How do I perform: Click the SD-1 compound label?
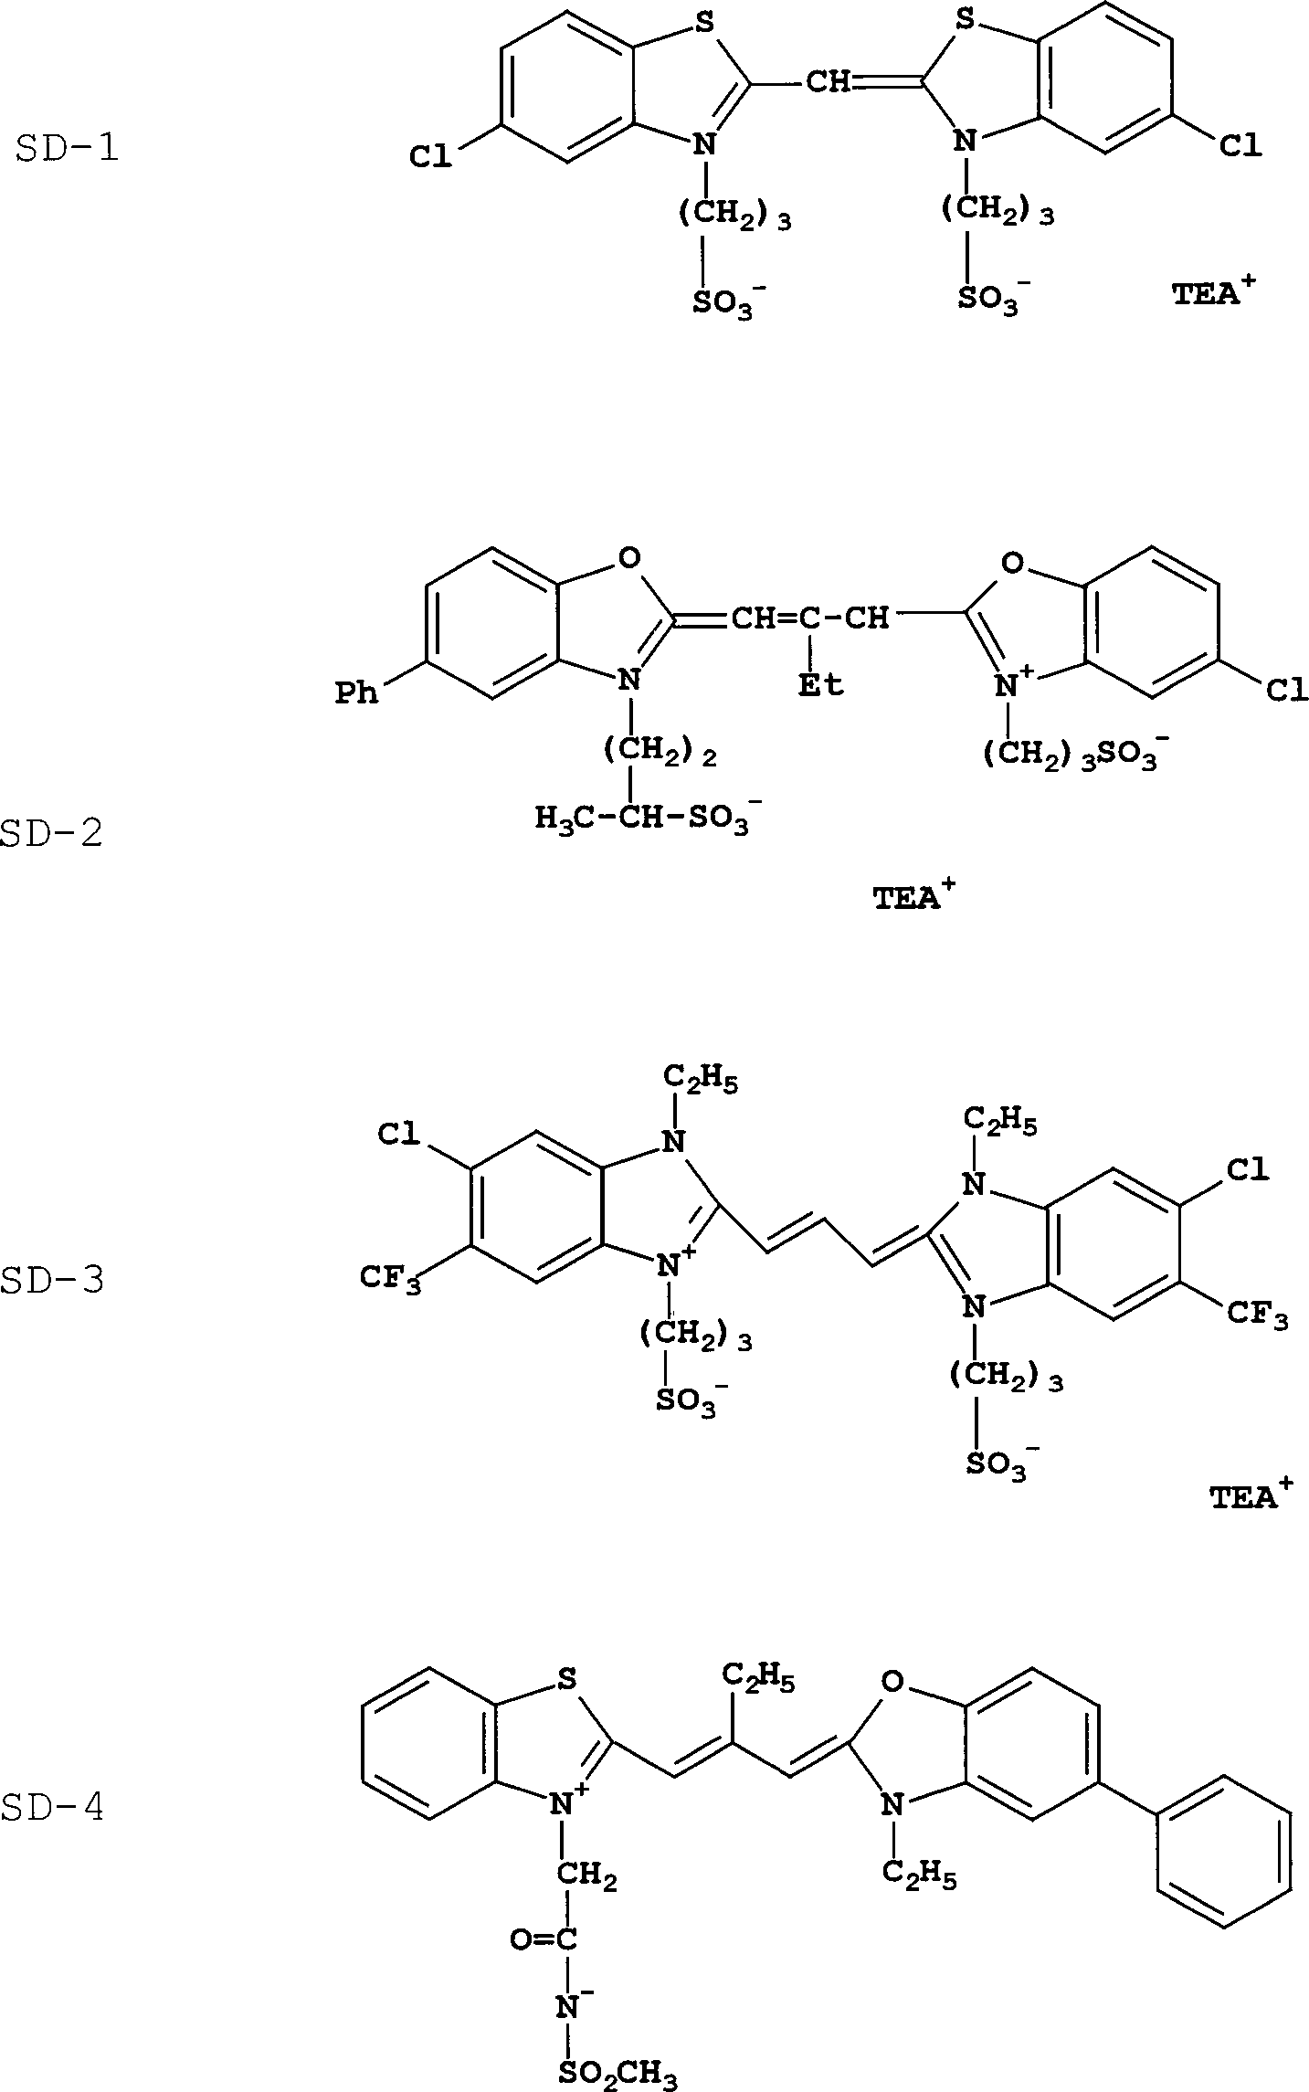pos(68,148)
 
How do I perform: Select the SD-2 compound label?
pos(52,833)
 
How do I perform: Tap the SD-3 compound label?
pos(52,1280)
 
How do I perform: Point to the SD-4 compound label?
pos(52,1807)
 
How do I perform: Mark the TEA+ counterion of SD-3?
pos(1251,1495)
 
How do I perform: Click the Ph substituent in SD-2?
pos(356,693)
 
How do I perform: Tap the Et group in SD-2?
pos(821,685)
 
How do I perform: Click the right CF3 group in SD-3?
pos(1257,1315)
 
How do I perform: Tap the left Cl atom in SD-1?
pos(430,156)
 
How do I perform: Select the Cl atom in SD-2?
pos(1285,691)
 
